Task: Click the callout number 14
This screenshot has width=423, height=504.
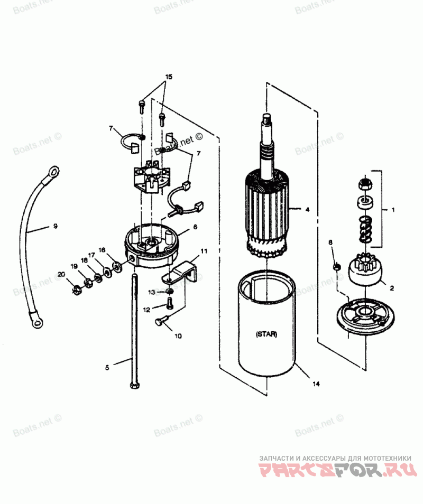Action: (x=316, y=384)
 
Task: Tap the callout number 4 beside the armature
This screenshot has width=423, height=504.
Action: (x=307, y=210)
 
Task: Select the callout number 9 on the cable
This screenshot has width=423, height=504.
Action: (x=55, y=226)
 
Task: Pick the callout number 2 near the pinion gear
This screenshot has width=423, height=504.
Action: (x=392, y=288)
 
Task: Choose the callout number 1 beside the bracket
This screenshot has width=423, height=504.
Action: (x=393, y=210)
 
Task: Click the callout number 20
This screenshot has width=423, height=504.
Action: (x=61, y=275)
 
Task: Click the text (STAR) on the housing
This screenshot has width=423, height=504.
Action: (x=265, y=334)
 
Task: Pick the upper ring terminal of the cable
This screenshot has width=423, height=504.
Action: (x=53, y=170)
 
